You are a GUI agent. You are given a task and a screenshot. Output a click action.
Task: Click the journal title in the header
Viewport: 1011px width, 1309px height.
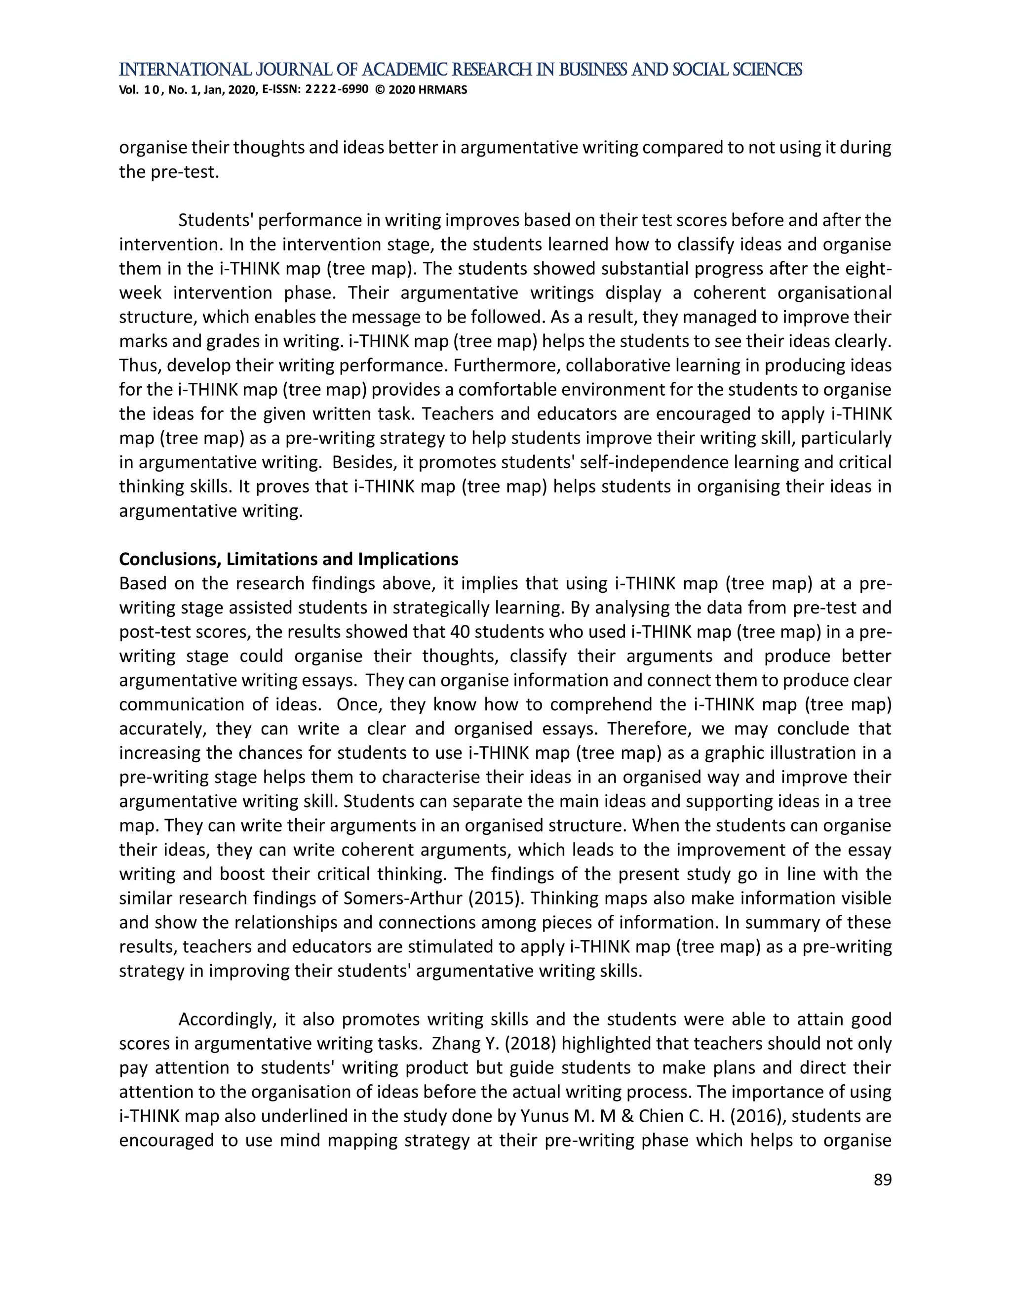coord(460,70)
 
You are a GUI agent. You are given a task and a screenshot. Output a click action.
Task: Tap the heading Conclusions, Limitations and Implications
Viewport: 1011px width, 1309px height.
coord(288,559)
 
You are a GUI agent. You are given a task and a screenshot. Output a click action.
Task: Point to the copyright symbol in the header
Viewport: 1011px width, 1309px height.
coord(380,90)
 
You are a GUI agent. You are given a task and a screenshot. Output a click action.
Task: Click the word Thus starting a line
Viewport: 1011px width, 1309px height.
coord(138,366)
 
